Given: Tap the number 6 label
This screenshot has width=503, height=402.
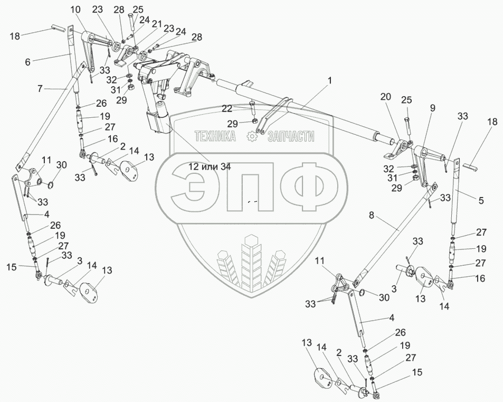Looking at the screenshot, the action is (27, 61).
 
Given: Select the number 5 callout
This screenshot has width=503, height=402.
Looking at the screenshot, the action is (481, 200).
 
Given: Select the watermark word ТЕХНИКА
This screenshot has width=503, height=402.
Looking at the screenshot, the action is (215, 136).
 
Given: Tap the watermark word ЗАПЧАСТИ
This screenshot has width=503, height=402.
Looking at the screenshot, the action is (291, 136).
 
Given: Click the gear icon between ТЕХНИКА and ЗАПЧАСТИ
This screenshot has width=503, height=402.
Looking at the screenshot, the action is (252, 136).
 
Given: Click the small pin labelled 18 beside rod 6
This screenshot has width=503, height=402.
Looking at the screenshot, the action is (58, 27).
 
